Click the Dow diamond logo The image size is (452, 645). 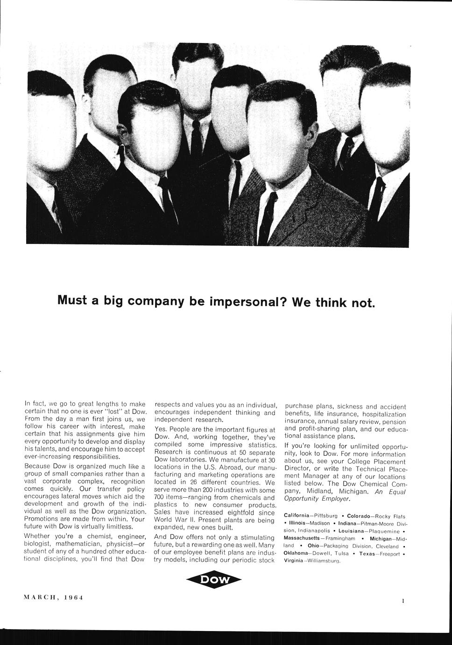(214, 580)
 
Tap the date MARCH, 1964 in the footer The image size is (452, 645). (53, 597)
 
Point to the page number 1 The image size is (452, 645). (403, 601)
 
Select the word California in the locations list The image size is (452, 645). (299, 516)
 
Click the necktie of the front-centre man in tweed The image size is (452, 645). (268, 219)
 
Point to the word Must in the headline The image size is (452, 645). (72, 300)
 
